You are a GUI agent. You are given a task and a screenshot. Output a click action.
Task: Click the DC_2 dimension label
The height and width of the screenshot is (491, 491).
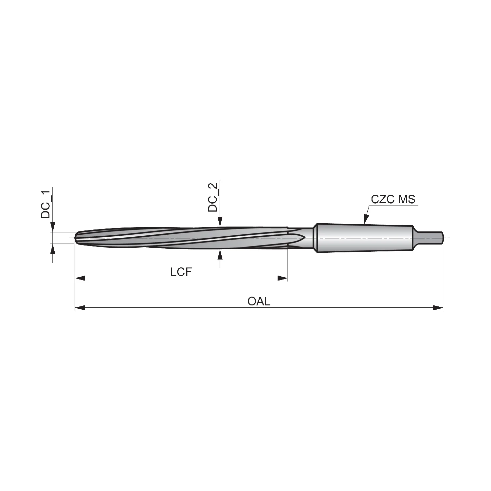(x=213, y=198)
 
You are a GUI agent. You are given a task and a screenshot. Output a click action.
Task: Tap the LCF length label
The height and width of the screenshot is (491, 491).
(x=181, y=272)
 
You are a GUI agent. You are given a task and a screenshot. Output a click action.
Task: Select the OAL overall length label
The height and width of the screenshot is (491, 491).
(x=259, y=301)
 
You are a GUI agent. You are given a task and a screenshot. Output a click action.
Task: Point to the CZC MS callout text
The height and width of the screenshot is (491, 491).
(x=393, y=199)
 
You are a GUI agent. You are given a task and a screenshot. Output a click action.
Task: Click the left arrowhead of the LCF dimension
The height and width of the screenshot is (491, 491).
(x=80, y=278)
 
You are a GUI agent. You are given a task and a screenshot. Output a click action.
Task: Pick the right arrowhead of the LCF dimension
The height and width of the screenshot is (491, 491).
(x=282, y=278)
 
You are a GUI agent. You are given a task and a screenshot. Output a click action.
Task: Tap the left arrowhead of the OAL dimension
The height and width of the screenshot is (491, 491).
(x=80, y=308)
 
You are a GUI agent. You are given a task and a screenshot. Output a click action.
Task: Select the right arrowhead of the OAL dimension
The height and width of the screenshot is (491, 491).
(x=438, y=308)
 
